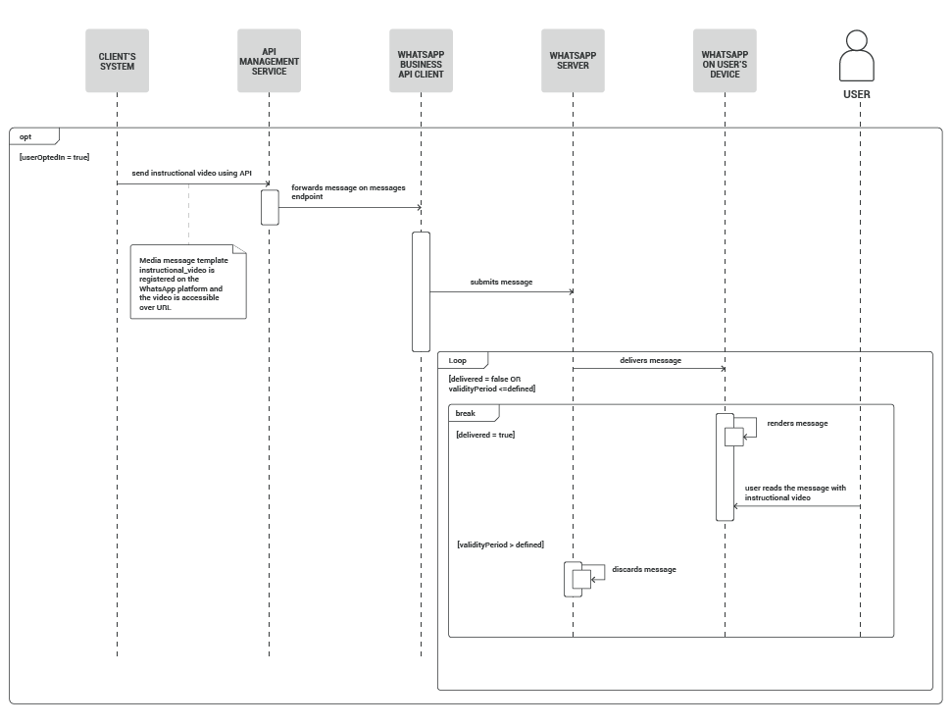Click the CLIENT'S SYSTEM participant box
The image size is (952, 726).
pyautogui.click(x=117, y=61)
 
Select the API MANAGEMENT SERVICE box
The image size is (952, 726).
pyautogui.click(x=269, y=61)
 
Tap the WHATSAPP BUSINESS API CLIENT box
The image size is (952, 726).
pyautogui.click(x=421, y=61)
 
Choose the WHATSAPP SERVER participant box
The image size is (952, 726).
pyautogui.click(x=573, y=61)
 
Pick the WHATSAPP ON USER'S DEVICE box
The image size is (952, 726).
pyautogui.click(x=725, y=61)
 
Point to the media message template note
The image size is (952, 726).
pyautogui.click(x=187, y=283)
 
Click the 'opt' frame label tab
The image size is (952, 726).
pyautogui.click(x=27, y=137)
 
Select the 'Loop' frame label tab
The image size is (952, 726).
pyautogui.click(x=459, y=361)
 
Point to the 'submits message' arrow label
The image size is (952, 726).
pyautogui.click(x=501, y=282)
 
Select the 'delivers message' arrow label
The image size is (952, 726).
pyautogui.click(x=650, y=360)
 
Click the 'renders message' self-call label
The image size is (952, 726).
pyautogui.click(x=797, y=423)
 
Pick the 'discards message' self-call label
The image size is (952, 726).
pyautogui.click(x=643, y=569)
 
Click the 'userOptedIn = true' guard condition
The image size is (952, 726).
pyautogui.click(x=54, y=156)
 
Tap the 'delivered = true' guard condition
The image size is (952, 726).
pyautogui.click(x=485, y=434)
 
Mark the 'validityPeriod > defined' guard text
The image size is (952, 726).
pyautogui.click(x=500, y=544)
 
